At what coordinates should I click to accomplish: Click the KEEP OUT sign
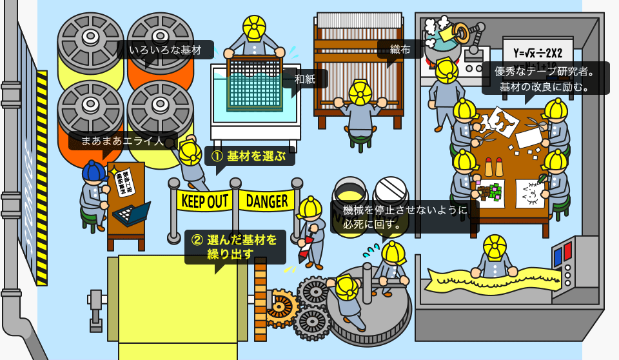[x=204, y=201]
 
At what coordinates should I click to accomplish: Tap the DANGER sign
[x=267, y=201]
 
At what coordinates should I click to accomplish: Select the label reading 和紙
[x=304, y=79]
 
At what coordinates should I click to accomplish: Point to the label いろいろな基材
[x=165, y=50]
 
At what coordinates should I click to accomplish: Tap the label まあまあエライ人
[x=123, y=141]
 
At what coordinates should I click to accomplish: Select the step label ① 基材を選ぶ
[x=250, y=155]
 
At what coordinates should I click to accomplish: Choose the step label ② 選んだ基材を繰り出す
[x=235, y=246]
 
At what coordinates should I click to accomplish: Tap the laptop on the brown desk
[x=132, y=212]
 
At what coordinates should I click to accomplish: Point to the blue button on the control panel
[x=557, y=256]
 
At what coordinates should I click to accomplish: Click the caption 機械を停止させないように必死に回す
[x=404, y=217]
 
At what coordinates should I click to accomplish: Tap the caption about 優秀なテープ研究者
[x=545, y=78]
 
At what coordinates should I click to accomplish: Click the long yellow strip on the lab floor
[x=491, y=279]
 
